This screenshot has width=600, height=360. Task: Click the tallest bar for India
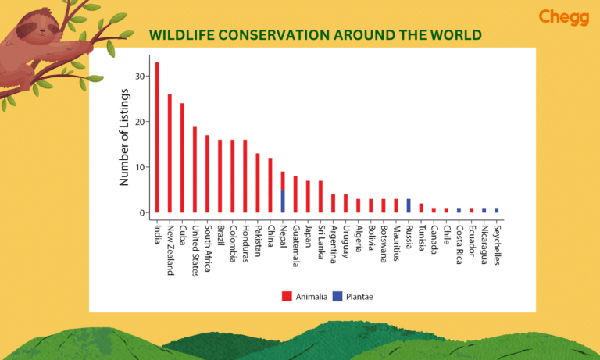click(157, 137)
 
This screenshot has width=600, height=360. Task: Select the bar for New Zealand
click(170, 154)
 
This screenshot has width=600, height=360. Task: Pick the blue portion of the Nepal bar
click(283, 201)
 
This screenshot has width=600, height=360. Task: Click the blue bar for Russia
click(408, 206)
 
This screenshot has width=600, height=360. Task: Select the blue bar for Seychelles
click(496, 210)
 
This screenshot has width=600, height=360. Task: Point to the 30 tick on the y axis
click(140, 77)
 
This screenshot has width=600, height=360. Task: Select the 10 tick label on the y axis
click(140, 167)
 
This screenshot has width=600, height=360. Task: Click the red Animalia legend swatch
click(286, 296)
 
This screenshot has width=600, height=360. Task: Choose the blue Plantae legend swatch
click(337, 296)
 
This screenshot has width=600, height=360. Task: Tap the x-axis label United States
click(195, 244)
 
